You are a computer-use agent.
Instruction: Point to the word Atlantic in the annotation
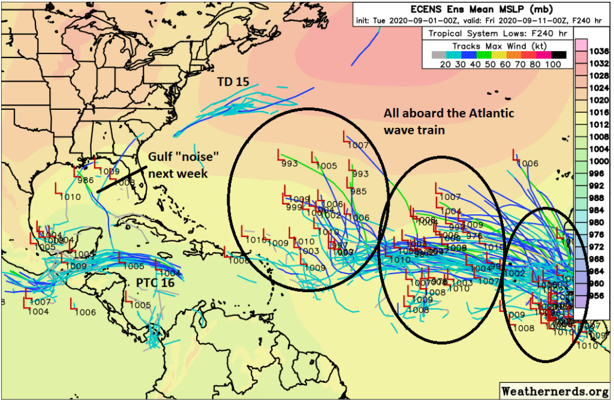[487, 115]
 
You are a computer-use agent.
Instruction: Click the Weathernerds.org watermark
[555, 391]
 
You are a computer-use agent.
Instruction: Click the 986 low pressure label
[85, 180]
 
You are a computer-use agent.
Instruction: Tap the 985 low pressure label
[358, 192]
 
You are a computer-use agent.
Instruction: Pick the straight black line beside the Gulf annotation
[122, 179]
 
